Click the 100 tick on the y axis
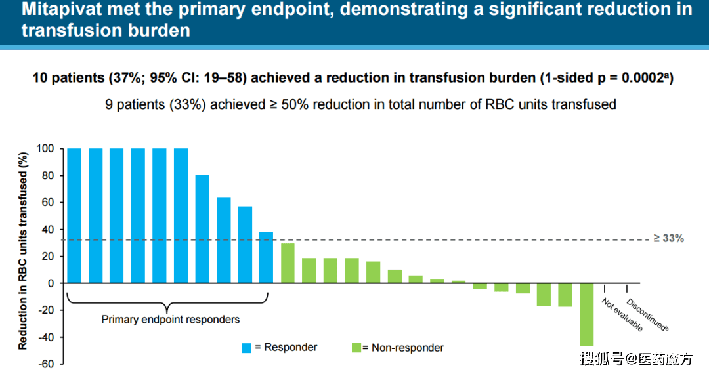pyautogui.click(x=45, y=148)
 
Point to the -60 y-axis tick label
pyautogui.click(x=46, y=364)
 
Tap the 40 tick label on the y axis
pyautogui.click(x=48, y=230)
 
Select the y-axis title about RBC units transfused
pyautogui.click(x=22, y=251)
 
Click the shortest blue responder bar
pyautogui.click(x=266, y=257)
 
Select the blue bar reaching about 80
pyautogui.click(x=202, y=229)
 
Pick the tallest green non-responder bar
pyautogui.click(x=288, y=263)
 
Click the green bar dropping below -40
pyautogui.click(x=586, y=314)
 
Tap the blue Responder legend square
pyautogui.click(x=246, y=348)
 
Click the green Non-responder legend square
pyautogui.click(x=356, y=347)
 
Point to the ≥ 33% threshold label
pyautogui.click(x=669, y=238)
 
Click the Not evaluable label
pyautogui.click(x=622, y=314)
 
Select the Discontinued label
pyautogui.click(x=647, y=315)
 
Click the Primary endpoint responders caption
pyautogui.click(x=171, y=320)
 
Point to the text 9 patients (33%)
pyautogui.click(x=156, y=104)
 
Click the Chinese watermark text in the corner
pyautogui.click(x=637, y=359)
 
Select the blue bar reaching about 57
pyautogui.click(x=245, y=245)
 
